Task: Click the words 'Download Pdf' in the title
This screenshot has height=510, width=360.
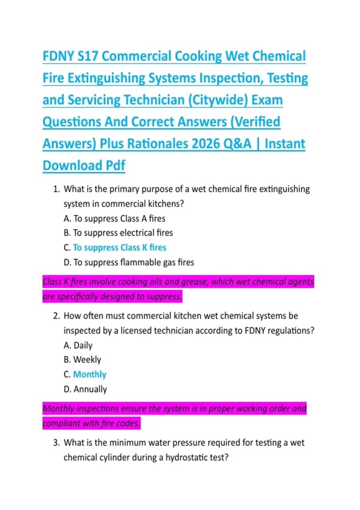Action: click(84, 166)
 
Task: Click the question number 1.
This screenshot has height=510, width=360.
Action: click(56, 189)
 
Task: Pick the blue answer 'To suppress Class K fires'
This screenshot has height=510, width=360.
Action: click(119, 248)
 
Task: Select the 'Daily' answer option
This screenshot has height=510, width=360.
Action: click(83, 346)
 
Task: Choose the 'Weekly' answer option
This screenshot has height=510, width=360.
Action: click(87, 360)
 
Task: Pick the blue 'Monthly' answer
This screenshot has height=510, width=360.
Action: click(90, 375)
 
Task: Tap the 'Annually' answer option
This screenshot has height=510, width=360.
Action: click(90, 389)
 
